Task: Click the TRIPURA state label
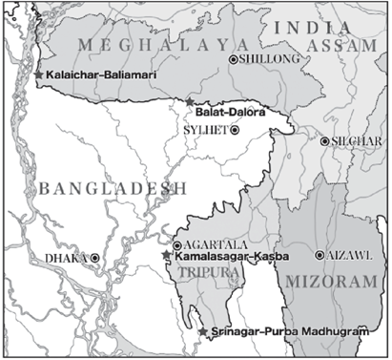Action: coord(202,271)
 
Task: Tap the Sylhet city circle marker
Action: coord(236,130)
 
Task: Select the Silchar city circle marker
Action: coord(325,141)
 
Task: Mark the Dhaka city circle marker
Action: coord(94,258)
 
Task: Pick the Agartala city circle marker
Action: coord(176,244)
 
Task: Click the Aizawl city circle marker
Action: coord(320,255)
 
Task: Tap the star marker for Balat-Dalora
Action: coord(190,101)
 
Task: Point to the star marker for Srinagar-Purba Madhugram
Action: coord(202,331)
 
